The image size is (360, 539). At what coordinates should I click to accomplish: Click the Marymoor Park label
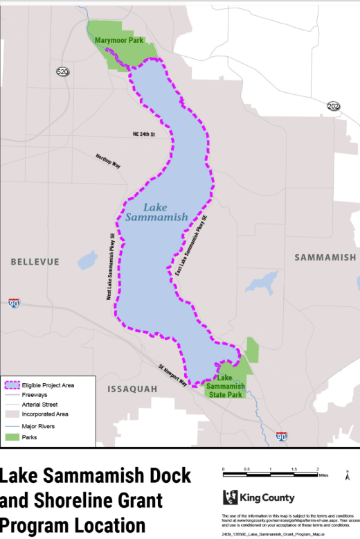pos(120,41)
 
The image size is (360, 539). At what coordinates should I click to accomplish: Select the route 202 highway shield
pos(334,106)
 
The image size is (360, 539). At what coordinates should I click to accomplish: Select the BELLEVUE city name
pos(35,261)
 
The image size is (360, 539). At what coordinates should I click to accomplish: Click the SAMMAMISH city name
pos(325,258)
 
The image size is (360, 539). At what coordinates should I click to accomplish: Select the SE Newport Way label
pos(172,375)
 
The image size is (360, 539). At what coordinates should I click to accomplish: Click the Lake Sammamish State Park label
pos(226,386)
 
